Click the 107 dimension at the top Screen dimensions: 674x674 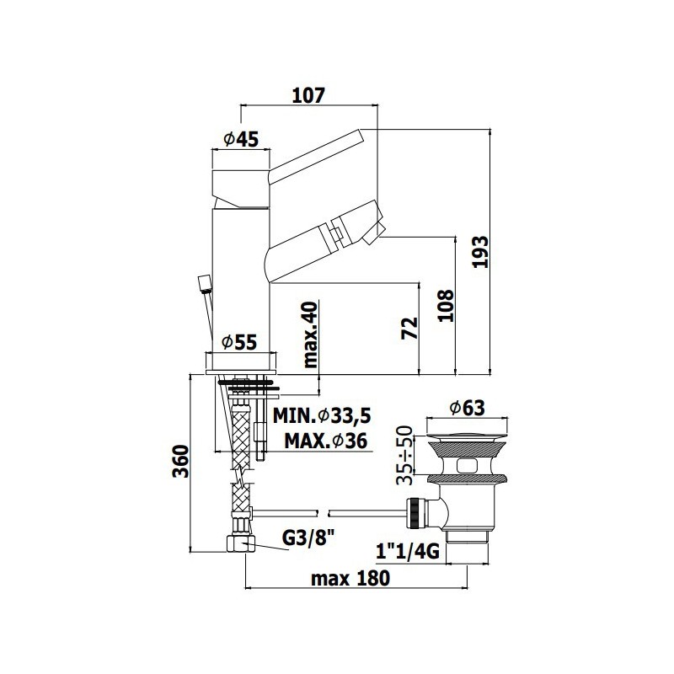point(308,95)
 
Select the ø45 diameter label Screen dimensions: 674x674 point(241,139)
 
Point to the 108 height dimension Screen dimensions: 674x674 point(446,305)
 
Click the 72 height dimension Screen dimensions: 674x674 point(409,328)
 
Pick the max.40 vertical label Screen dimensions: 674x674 point(310,334)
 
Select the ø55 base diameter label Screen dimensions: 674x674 point(239,342)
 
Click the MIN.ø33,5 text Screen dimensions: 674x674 point(322,415)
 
